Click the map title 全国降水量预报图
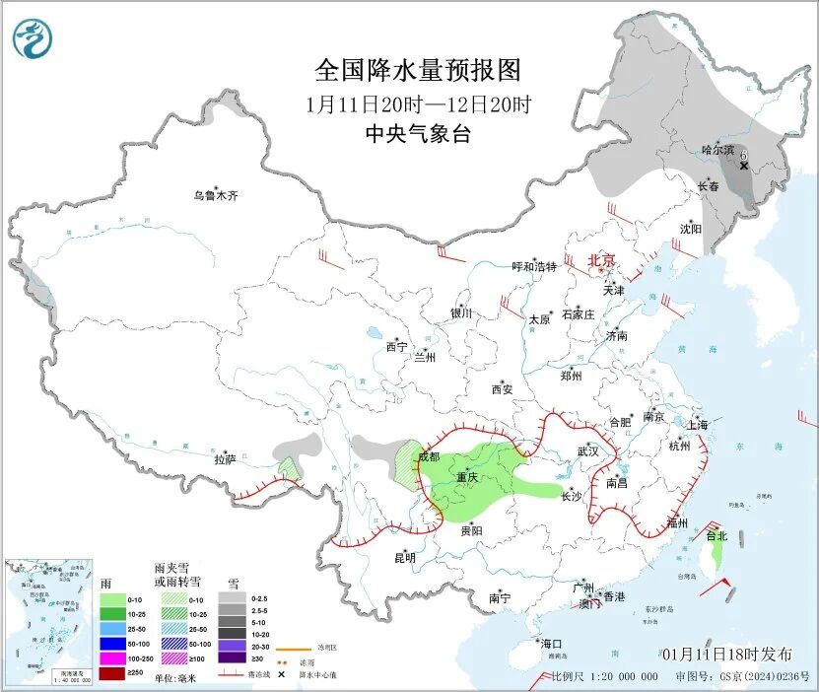(x=417, y=71)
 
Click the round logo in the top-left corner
(x=34, y=38)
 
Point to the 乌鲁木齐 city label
(x=215, y=195)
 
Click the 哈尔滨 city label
(x=717, y=150)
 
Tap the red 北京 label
(x=601, y=260)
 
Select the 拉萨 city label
(x=225, y=459)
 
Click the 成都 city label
(x=429, y=456)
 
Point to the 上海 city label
(x=697, y=425)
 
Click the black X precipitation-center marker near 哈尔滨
(x=743, y=166)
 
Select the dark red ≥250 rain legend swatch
(x=112, y=675)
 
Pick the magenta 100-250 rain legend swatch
(x=112, y=658)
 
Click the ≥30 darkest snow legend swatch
(x=233, y=658)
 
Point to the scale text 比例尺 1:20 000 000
(x=604, y=676)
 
